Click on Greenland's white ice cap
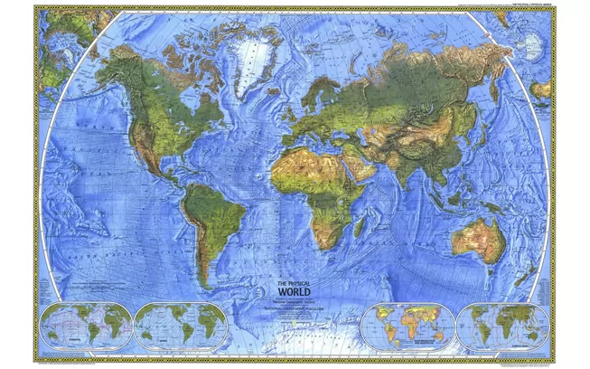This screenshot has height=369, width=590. [249, 60]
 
